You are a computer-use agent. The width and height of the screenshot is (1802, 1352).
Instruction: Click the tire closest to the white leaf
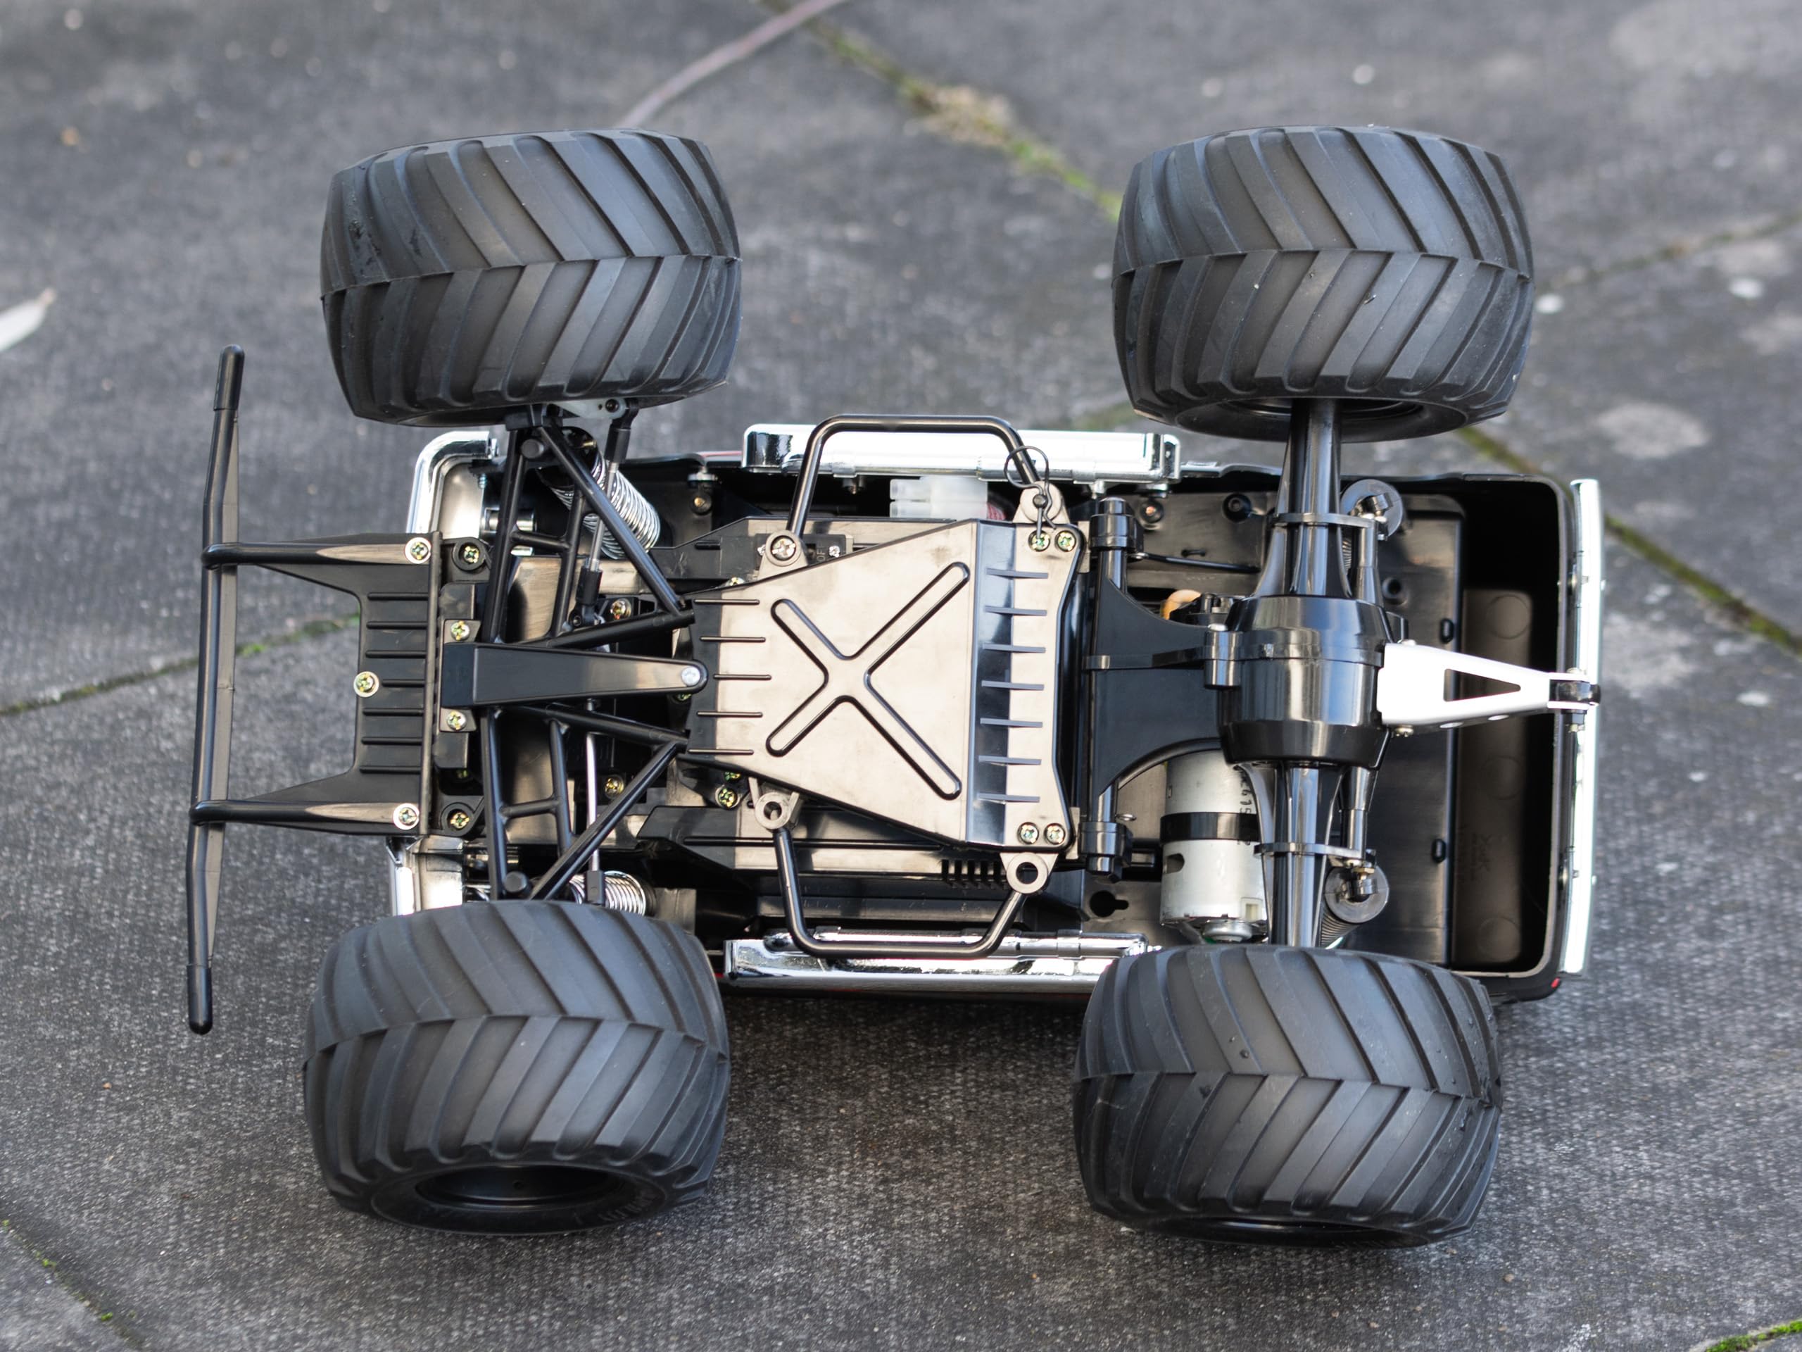coord(529,277)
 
